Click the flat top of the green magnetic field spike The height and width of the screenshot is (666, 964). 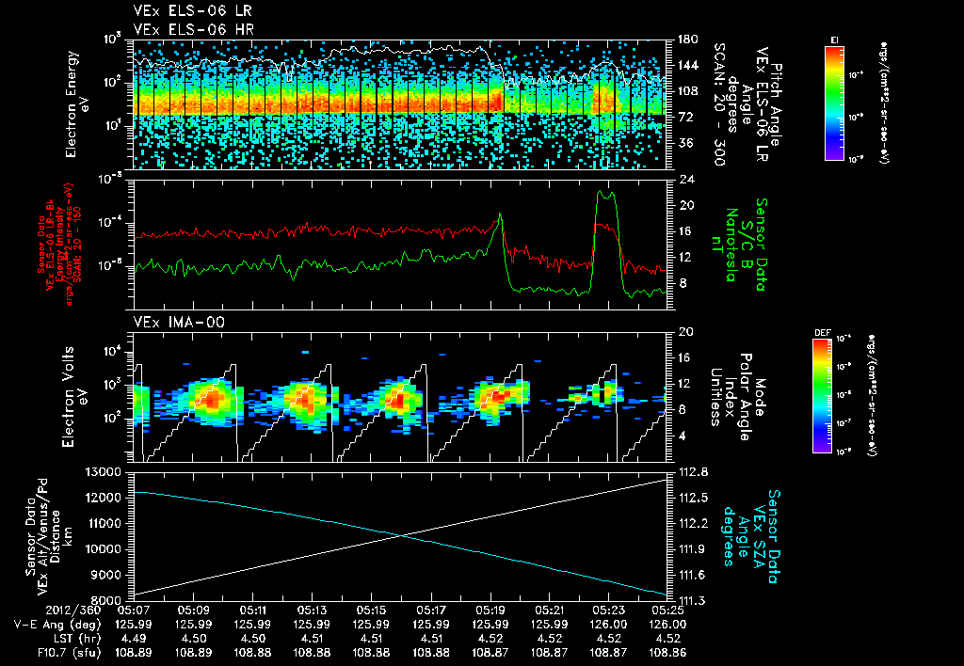(606, 195)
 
